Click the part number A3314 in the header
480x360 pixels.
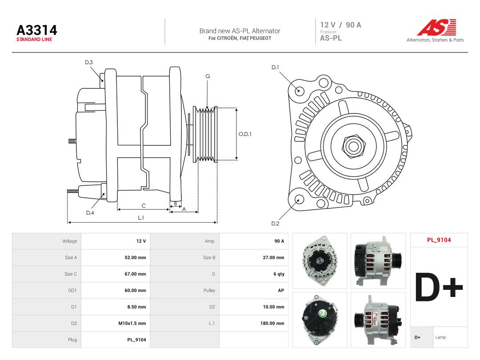[37, 30]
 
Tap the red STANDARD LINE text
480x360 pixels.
[34, 40]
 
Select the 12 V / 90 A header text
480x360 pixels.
[341, 25]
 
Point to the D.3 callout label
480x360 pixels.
[89, 63]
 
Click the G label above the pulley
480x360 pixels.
[208, 76]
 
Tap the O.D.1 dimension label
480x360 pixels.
[245, 134]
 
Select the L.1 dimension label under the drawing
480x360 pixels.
[141, 218]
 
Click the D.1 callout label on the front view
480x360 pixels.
[275, 68]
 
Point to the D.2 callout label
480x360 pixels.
[275, 224]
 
